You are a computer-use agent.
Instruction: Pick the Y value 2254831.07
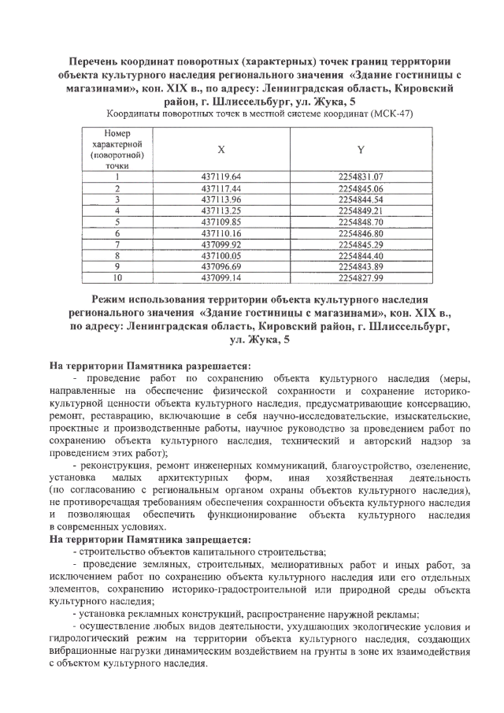(360, 177)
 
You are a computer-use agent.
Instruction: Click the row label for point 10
(116, 277)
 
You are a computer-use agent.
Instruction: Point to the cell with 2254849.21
(360, 211)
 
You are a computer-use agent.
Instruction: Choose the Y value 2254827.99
(360, 277)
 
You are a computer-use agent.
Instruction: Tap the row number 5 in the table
(116, 222)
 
